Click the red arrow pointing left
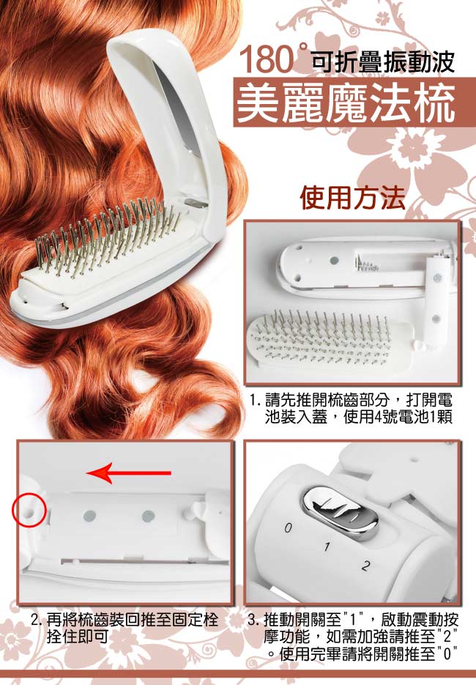click(129, 473)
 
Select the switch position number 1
click(327, 547)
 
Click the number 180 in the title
click(266, 60)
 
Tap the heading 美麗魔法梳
click(346, 103)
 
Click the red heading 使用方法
click(352, 198)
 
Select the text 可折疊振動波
click(383, 62)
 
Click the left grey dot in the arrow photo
click(89, 516)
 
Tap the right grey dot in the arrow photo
click(149, 516)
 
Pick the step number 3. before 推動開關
click(255, 619)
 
